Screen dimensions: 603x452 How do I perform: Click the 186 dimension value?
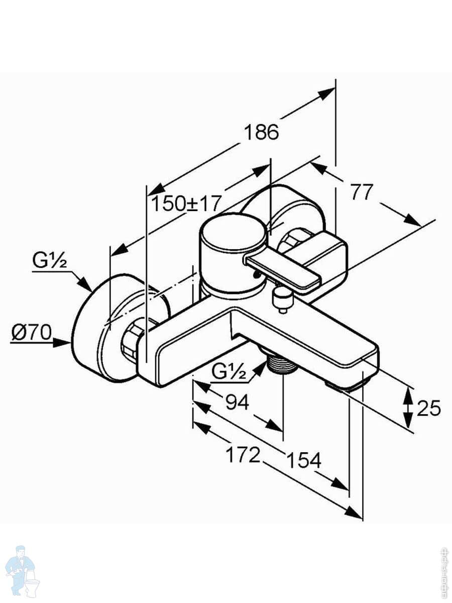pyautogui.click(x=261, y=132)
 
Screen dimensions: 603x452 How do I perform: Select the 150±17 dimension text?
pyautogui.click(x=186, y=204)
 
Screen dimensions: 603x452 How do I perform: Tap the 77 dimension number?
pyautogui.click(x=362, y=192)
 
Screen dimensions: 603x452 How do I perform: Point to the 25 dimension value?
pyautogui.click(x=428, y=408)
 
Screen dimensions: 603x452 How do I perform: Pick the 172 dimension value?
pyautogui.click(x=243, y=455)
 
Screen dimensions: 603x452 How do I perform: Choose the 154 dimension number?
pyautogui.click(x=303, y=460)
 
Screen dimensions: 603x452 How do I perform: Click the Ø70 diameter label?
pyautogui.click(x=32, y=333)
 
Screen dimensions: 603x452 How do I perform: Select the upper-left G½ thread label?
pyautogui.click(x=50, y=261)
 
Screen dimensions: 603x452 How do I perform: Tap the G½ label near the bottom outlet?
pyautogui.click(x=229, y=371)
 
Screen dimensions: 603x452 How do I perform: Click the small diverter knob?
pyautogui.click(x=282, y=300)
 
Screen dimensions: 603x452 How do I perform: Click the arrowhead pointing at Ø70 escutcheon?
pyautogui.click(x=65, y=342)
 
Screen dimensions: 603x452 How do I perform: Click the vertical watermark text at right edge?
pyautogui.click(x=444, y=570)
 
